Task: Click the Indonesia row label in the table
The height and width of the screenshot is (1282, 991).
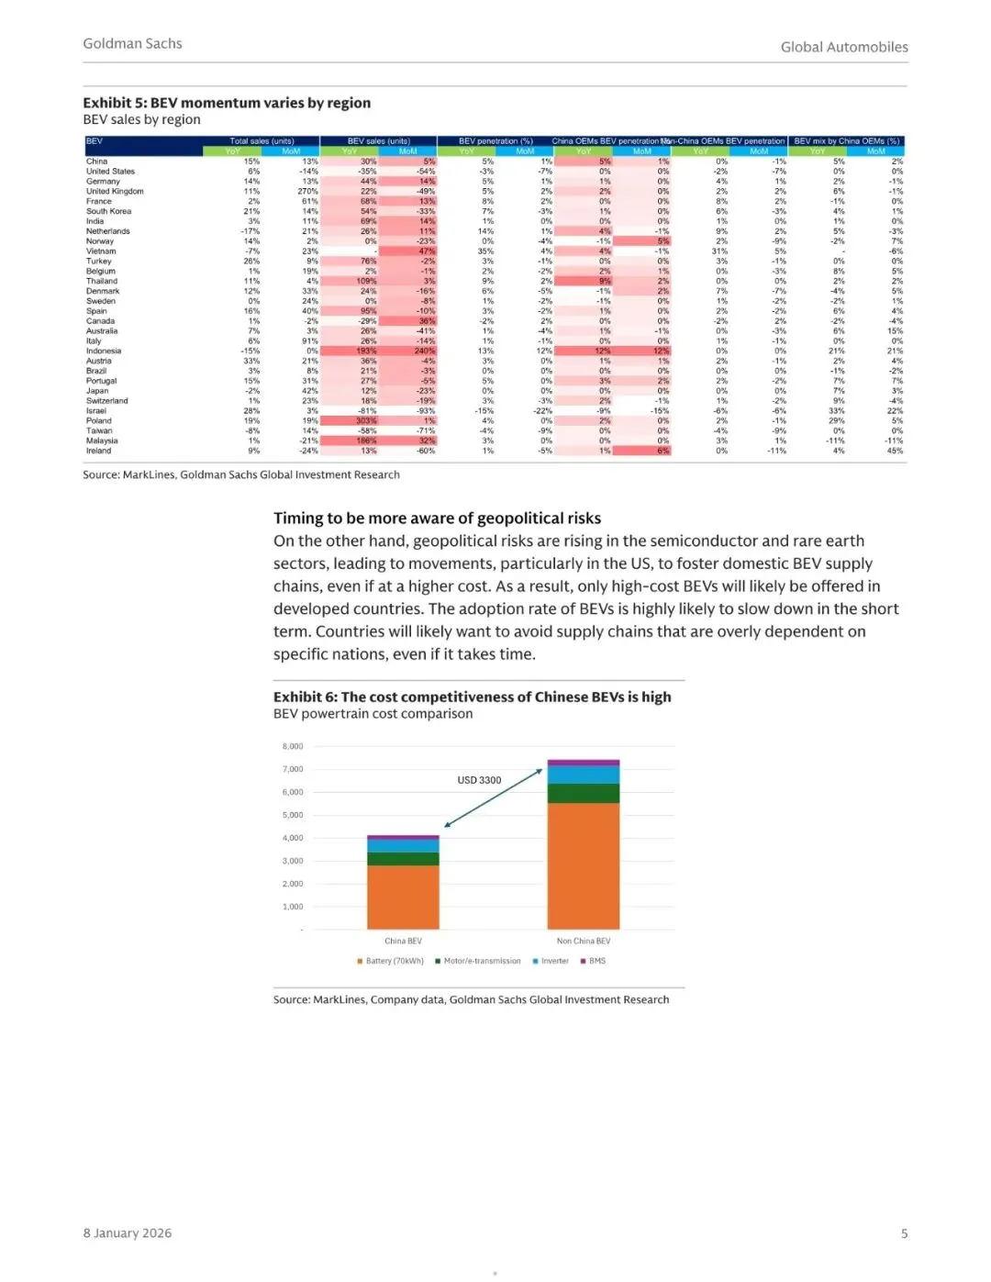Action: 104,351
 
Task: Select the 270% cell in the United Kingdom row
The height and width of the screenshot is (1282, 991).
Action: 307,191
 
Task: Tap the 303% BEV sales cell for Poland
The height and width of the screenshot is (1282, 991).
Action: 366,420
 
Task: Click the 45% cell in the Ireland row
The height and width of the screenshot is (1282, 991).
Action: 895,451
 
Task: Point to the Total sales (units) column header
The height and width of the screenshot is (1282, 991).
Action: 262,141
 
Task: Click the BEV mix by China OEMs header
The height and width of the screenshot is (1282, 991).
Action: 846,141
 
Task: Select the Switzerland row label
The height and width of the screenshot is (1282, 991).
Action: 107,401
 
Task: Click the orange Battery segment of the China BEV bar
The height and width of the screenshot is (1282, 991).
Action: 403,897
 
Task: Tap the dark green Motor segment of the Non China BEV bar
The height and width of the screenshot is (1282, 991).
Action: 584,794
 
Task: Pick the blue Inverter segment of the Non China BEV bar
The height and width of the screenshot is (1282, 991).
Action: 584,775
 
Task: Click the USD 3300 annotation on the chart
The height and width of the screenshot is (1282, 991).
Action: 479,780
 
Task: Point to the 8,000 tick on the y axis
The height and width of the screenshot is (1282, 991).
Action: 292,746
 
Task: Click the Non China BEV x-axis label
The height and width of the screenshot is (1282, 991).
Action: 584,941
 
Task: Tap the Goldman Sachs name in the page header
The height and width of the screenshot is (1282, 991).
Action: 132,43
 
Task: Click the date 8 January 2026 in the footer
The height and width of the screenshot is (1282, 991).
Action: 128,1232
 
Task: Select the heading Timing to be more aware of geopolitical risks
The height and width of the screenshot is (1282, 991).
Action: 437,518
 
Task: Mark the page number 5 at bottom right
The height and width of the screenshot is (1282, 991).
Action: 904,1233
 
